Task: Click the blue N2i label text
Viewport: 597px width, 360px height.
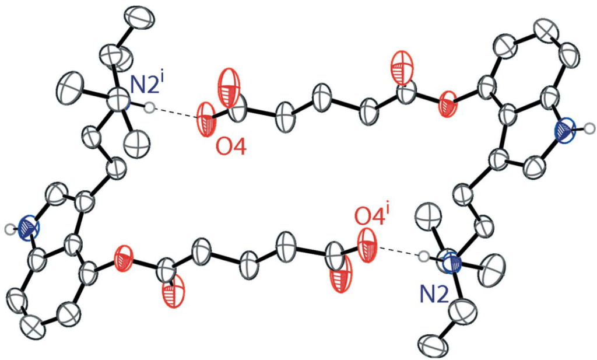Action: (148, 85)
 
